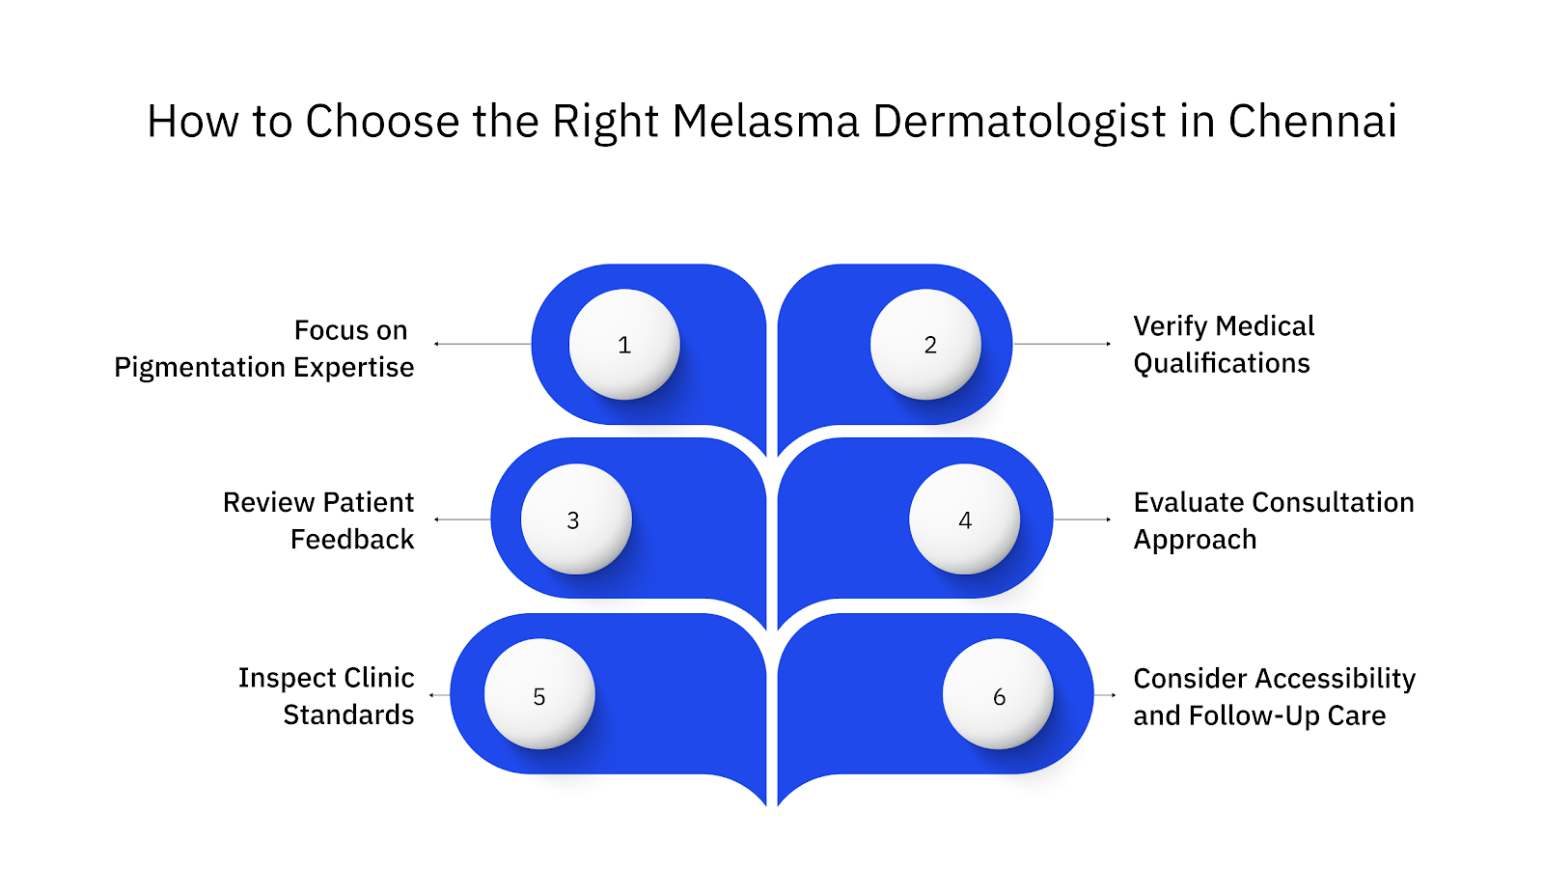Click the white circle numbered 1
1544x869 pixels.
624,345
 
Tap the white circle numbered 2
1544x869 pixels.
925,345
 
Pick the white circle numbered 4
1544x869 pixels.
964,519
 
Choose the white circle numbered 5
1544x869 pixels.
539,694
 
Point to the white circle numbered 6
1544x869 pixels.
998,694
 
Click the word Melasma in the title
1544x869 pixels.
765,123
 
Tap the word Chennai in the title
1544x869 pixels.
1311,123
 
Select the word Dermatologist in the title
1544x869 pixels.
1020,123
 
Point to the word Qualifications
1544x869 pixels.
1222,364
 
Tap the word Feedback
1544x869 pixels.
352,540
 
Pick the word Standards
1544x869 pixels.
348,715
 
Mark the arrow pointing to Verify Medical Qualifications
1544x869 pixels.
1061,344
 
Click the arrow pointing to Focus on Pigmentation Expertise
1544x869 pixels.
482,344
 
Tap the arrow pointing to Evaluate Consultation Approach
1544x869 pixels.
1083,519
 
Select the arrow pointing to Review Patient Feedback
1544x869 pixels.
462,519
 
